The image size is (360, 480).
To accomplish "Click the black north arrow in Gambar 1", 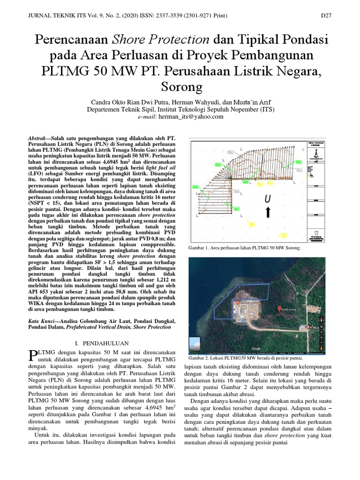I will point(268,213).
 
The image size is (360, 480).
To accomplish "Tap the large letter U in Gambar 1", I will point(268,199).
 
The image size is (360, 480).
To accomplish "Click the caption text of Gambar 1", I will point(244,247).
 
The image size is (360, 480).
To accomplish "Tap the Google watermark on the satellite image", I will point(256,348).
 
